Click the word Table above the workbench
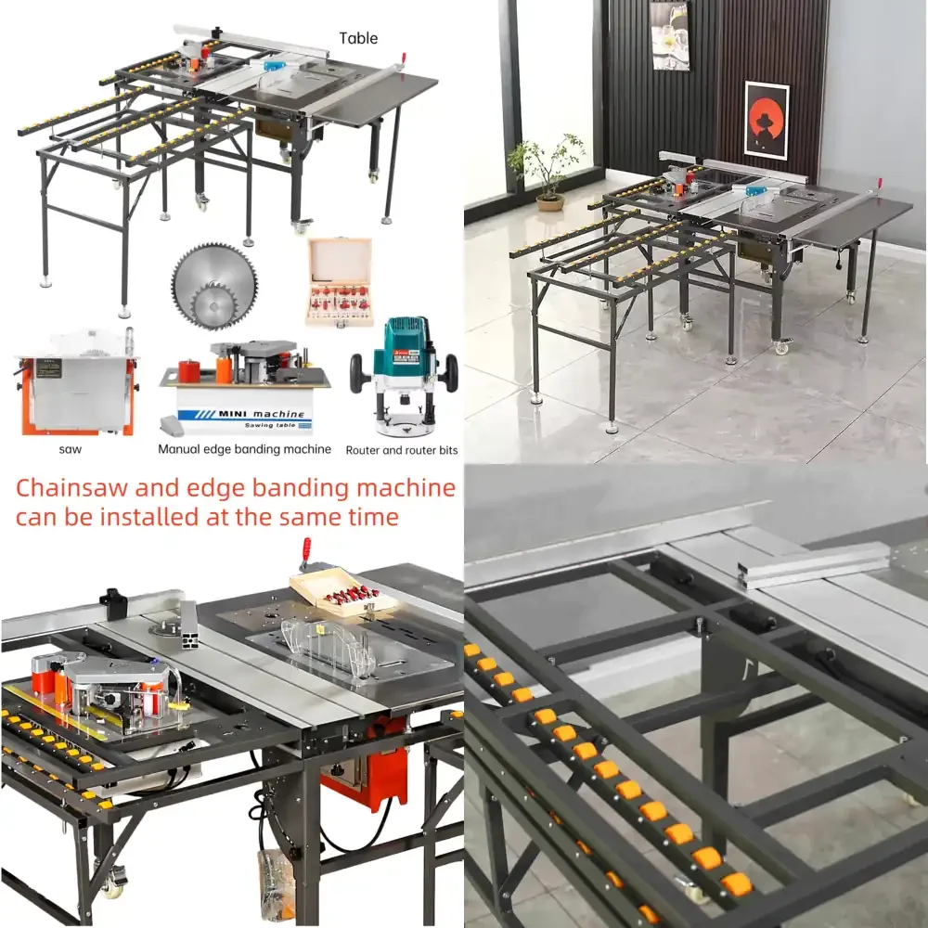click(358, 38)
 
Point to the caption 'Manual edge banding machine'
click(244, 449)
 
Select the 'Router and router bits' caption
click(401, 450)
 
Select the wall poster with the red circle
click(766, 120)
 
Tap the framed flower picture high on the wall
click(670, 35)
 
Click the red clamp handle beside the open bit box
click(304, 553)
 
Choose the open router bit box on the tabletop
click(342, 592)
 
